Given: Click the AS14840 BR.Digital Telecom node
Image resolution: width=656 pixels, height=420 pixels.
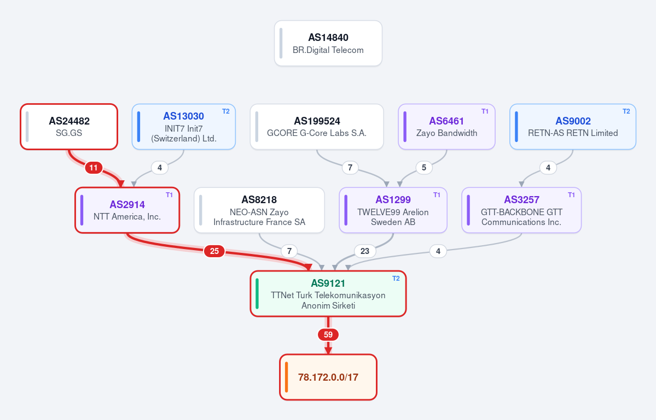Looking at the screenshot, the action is [328, 43].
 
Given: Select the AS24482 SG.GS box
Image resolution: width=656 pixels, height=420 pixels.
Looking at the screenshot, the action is [69, 127].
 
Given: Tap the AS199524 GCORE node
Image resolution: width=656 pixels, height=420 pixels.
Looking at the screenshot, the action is [317, 127].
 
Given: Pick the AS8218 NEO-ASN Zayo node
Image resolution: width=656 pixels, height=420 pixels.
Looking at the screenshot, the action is [259, 210].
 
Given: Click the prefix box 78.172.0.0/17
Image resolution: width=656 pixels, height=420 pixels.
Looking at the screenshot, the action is [328, 377].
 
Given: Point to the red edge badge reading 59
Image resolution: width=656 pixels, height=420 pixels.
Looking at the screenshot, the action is [328, 334].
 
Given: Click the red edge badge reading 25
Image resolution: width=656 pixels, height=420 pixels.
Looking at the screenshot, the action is [214, 251].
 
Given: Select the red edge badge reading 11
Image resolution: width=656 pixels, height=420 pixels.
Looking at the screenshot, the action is [94, 168].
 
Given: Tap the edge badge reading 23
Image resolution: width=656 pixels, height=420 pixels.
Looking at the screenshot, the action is [365, 251].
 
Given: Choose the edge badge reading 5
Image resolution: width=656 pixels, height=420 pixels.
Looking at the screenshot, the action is [424, 168].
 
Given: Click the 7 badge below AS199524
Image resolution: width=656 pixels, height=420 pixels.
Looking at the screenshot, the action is [350, 168].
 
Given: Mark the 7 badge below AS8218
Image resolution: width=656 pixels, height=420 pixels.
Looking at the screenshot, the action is [289, 251].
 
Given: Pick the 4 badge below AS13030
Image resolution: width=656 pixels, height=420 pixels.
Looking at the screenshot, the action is [159, 168].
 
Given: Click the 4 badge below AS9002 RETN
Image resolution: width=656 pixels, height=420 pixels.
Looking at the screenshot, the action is [548, 168].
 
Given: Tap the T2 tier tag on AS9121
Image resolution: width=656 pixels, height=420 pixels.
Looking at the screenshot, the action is [396, 279].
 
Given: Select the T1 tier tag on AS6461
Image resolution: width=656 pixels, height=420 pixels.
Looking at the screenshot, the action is [485, 111].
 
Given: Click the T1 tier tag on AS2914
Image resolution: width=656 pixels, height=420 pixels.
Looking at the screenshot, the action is [170, 195].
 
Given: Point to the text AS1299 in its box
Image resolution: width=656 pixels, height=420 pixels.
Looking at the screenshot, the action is [393, 199].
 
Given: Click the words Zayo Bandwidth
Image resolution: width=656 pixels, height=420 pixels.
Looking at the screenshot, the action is [446, 133].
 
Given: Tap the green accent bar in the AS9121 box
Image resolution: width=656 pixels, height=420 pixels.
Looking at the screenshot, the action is [257, 293].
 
